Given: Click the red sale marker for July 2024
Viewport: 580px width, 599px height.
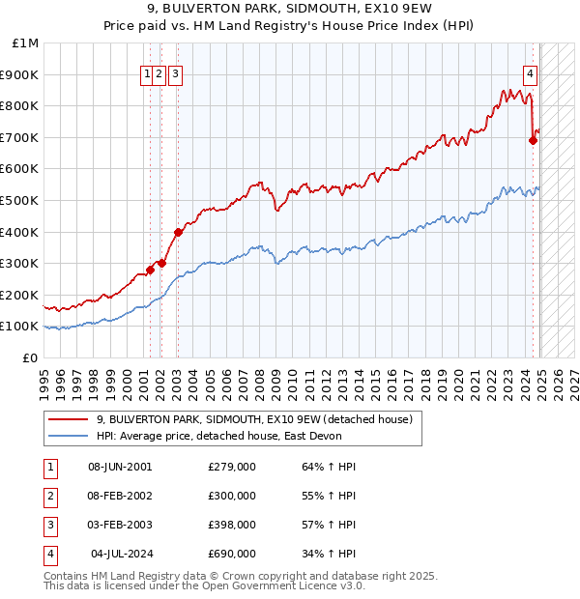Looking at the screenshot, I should click(x=533, y=140).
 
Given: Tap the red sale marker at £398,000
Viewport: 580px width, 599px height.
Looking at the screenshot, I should click(x=178, y=232).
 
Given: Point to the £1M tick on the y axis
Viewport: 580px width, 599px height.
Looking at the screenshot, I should click(x=27, y=43).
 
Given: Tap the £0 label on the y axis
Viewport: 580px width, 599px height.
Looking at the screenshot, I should click(x=31, y=357).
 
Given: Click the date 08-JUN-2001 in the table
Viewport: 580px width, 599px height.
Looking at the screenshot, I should click(x=120, y=467).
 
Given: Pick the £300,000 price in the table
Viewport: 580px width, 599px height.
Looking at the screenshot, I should click(x=232, y=496).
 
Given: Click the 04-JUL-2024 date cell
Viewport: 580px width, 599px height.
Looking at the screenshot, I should click(x=122, y=554).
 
